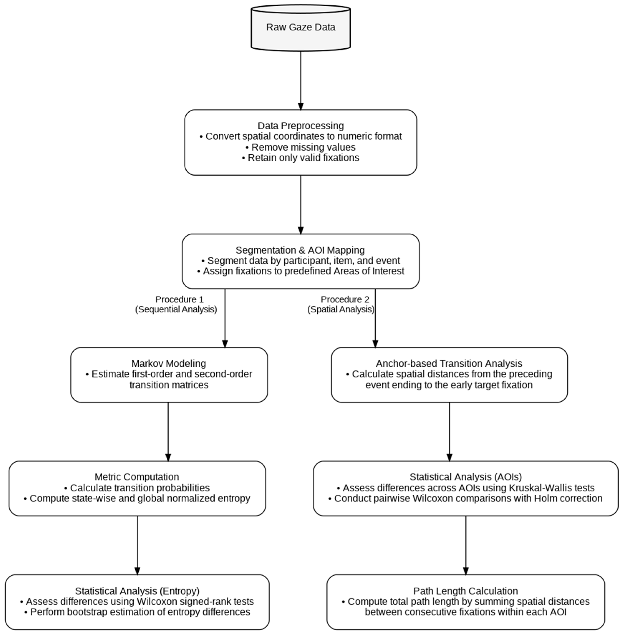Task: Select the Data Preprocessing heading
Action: point(301,126)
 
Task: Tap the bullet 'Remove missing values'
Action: point(301,147)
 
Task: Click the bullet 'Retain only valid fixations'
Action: point(301,158)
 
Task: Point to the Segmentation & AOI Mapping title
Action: point(300,250)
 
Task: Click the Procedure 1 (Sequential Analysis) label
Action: point(176,304)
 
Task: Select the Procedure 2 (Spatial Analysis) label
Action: point(341,304)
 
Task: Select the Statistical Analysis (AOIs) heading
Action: point(465,477)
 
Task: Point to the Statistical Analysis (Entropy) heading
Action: point(137,591)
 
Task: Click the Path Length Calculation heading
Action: point(465,591)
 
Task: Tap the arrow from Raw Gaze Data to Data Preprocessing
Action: point(301,81)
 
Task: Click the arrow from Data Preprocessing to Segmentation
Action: point(301,205)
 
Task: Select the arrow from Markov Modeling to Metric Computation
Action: point(168,432)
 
